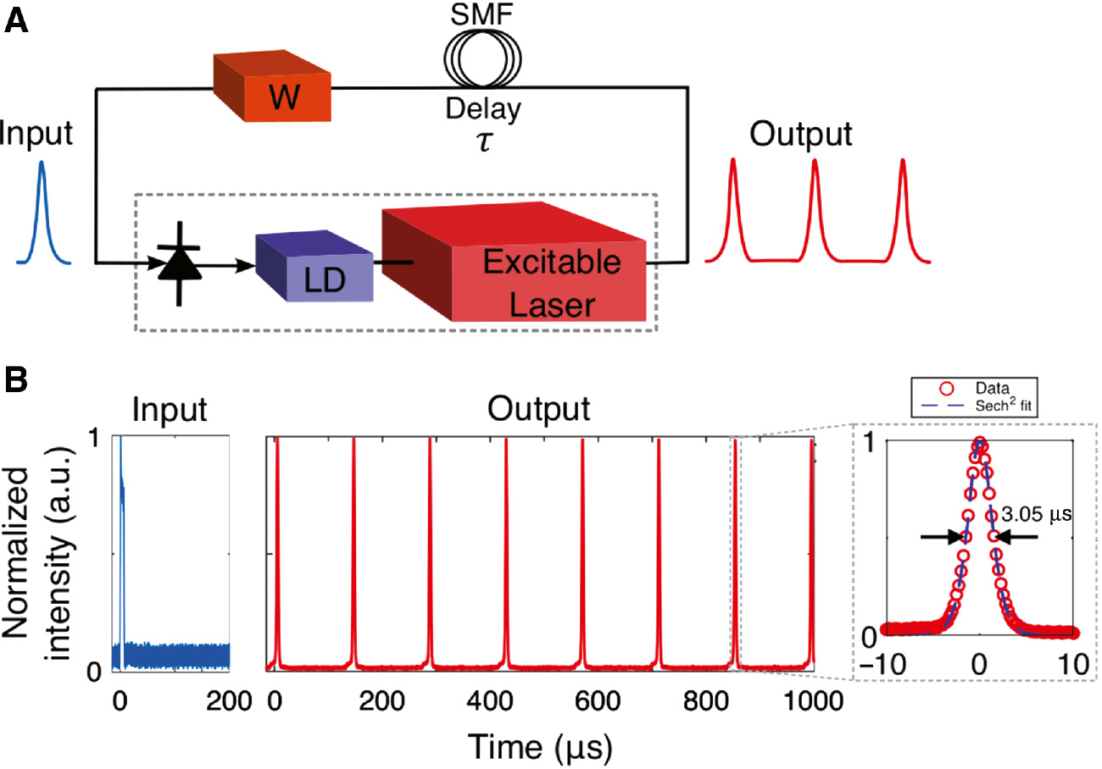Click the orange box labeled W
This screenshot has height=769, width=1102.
tap(273, 86)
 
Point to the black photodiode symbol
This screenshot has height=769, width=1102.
tap(178, 263)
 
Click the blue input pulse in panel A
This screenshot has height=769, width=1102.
tap(42, 212)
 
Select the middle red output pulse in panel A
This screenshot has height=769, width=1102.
tap(815, 212)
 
